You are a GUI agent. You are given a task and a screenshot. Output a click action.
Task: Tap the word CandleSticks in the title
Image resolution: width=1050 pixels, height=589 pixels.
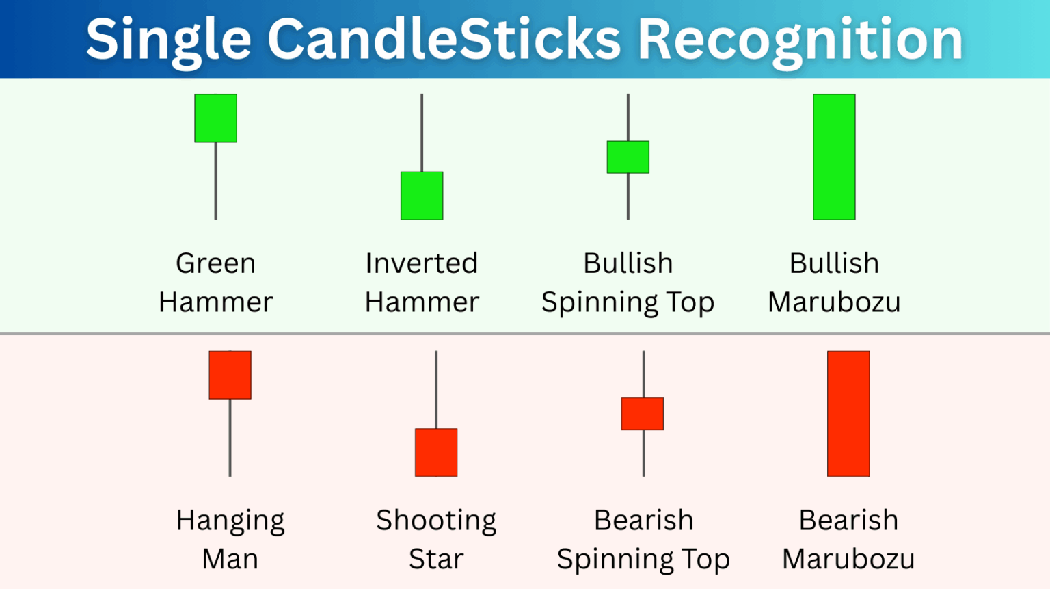pos(444,40)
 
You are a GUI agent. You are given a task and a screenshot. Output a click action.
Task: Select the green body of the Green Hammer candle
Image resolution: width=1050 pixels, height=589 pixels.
pos(216,118)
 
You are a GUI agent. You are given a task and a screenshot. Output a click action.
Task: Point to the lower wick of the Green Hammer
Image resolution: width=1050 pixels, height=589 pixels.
pos(216,181)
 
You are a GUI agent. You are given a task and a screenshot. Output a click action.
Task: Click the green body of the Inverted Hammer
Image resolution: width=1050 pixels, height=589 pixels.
pos(422,196)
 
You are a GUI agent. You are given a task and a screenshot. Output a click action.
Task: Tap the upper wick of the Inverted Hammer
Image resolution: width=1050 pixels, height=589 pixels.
pos(422,133)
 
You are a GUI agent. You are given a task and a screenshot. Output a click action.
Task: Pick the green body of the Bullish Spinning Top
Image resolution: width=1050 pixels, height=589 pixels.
pos(628,157)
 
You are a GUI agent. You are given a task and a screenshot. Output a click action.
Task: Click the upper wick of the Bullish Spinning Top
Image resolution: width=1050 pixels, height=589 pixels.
pos(628,117)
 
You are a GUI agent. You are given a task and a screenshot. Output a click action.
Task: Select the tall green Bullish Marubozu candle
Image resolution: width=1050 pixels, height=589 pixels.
pos(834,157)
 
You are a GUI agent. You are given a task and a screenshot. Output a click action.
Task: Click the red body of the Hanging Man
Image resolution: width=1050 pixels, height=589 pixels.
pos(230,375)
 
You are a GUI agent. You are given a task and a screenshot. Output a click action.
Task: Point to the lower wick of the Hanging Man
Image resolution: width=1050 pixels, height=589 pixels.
pos(230,438)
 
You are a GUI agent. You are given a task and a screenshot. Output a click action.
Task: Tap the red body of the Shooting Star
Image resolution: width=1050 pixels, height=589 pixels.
pos(436,452)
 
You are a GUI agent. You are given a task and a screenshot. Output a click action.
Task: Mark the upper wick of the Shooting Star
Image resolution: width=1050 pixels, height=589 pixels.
pos(436,389)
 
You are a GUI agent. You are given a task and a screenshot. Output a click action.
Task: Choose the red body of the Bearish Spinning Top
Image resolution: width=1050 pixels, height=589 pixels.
pos(643,413)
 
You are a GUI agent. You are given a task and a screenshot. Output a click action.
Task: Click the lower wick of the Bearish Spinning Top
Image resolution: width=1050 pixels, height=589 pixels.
pos(643,453)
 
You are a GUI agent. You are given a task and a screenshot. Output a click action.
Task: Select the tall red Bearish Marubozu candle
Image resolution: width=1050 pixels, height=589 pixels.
pos(848,413)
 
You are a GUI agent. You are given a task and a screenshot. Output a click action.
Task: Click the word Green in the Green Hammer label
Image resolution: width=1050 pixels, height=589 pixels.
pos(215,263)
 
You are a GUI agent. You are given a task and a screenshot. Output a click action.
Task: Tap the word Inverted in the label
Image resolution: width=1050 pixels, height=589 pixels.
pos(421,263)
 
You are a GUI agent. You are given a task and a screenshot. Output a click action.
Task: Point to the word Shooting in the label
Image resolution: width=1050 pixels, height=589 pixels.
pos(436,521)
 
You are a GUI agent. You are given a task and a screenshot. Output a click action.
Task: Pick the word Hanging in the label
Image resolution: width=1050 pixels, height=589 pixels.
pos(230,521)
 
